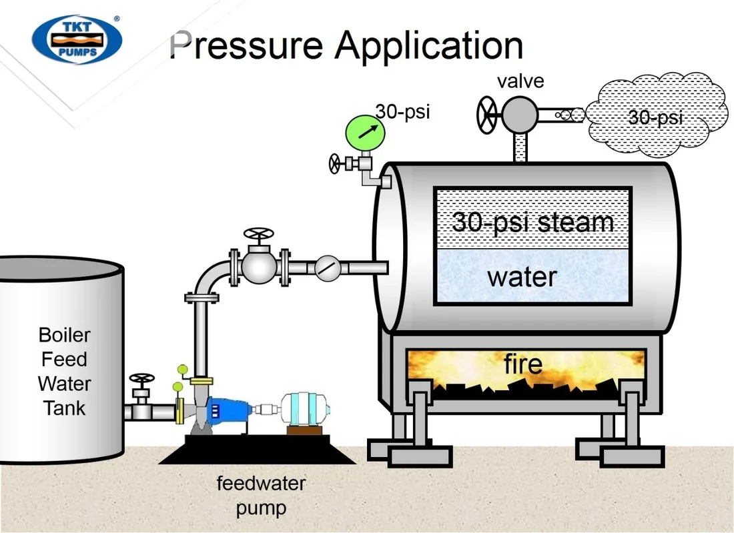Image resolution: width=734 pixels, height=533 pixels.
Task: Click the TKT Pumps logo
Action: (x=77, y=39)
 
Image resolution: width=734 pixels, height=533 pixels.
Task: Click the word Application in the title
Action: (x=428, y=46)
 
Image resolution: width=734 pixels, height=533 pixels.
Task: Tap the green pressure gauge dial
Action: (x=365, y=133)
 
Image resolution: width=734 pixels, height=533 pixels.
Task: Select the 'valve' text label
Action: (x=520, y=81)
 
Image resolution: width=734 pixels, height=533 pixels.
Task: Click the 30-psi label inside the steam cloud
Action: (x=655, y=117)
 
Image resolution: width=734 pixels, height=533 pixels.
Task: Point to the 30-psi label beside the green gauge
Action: (x=402, y=111)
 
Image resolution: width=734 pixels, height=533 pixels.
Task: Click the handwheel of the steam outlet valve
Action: (x=486, y=115)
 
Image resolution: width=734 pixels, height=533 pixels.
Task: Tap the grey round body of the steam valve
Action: (x=520, y=114)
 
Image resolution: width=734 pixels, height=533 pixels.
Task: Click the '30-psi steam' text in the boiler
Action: (x=532, y=221)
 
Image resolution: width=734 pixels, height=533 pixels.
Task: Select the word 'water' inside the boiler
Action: (x=522, y=277)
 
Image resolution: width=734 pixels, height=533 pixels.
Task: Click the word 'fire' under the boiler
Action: (x=523, y=364)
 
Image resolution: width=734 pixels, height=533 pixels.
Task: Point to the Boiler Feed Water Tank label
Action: (x=64, y=372)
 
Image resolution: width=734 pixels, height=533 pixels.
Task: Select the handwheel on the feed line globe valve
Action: (x=259, y=233)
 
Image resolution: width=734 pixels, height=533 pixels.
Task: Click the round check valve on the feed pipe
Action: (x=328, y=268)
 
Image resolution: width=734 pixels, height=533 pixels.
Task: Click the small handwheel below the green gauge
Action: (x=335, y=164)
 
